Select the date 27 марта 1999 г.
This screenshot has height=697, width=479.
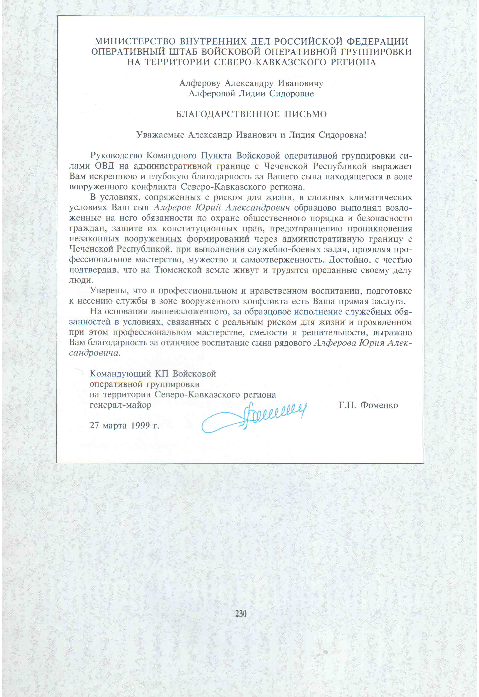coord(124,425)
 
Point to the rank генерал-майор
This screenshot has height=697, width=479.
coord(120,405)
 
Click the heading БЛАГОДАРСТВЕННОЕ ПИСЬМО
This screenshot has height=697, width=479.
coord(251,114)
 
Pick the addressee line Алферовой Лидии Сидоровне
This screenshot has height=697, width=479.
coord(251,94)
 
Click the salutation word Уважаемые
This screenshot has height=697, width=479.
coord(160,135)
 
